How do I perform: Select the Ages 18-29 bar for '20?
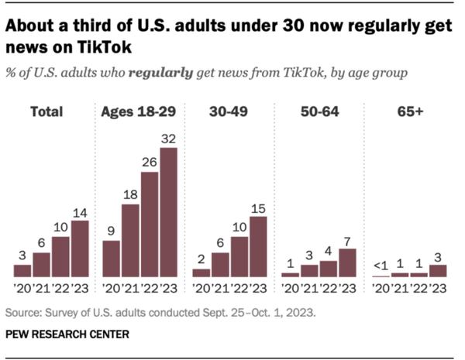[x=112, y=259]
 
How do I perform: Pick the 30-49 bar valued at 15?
[x=257, y=246]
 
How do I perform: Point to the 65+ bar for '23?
[x=438, y=271]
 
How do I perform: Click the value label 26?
[x=150, y=163]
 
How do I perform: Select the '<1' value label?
[x=381, y=266]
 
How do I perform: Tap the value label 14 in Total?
[x=80, y=211]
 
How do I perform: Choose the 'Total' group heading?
[x=46, y=112]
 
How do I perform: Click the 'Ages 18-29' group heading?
[x=139, y=112]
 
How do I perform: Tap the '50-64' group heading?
[x=319, y=112]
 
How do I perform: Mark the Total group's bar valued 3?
[x=22, y=270]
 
